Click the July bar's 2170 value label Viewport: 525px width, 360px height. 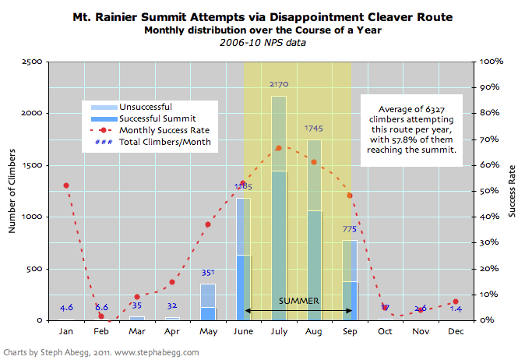point(278,83)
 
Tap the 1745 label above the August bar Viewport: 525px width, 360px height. point(314,128)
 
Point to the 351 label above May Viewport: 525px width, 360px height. point(207,273)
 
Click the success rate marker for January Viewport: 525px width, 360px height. point(65,185)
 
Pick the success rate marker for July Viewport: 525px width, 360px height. point(278,148)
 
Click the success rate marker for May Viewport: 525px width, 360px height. point(207,224)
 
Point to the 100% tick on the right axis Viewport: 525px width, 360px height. point(492,62)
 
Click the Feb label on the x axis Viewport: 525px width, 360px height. point(100,330)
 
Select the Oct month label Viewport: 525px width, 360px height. point(385,330)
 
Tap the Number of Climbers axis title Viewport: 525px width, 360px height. point(12,190)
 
